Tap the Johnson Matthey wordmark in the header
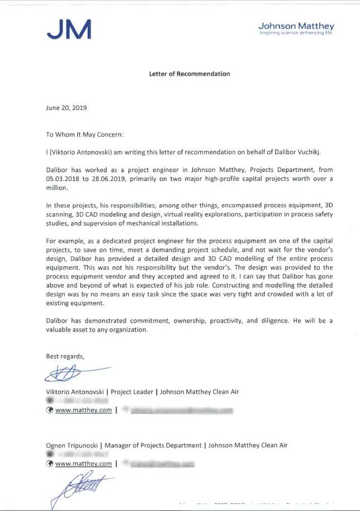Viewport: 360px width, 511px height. pos(296,26)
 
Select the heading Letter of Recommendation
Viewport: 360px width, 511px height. pos(189,74)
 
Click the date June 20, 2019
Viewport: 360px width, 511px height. pos(66,108)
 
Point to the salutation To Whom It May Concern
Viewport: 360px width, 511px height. pos(84,135)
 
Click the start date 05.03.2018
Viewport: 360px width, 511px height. pos(63,179)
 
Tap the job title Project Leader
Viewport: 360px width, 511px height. pos(132,392)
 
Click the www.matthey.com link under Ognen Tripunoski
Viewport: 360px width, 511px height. pos(83,463)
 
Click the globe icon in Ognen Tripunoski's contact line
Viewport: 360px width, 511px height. pos(50,463)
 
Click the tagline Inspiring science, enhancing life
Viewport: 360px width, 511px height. pos(296,34)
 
